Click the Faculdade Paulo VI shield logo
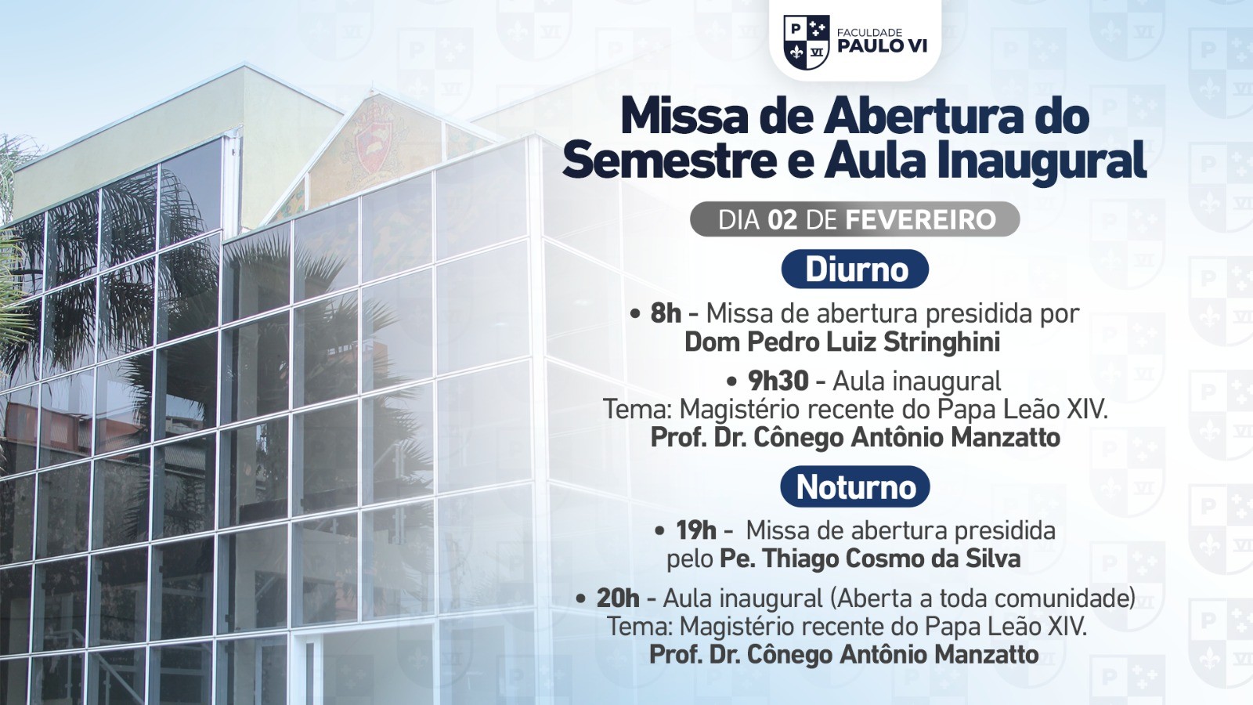click(806, 42)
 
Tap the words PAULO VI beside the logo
click(882, 46)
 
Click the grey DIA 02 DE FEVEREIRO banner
click(855, 219)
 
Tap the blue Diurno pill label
click(855, 269)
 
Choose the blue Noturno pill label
click(855, 487)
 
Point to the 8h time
click(666, 313)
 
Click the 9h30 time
click(778, 381)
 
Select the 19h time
click(696, 530)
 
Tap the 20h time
click(618, 598)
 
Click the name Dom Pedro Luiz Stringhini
click(842, 342)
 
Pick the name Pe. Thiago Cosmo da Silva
click(869, 559)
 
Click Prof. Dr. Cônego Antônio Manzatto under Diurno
click(855, 437)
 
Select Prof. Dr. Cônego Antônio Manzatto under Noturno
click(843, 654)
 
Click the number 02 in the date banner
click(782, 220)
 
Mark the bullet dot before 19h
click(660, 531)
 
